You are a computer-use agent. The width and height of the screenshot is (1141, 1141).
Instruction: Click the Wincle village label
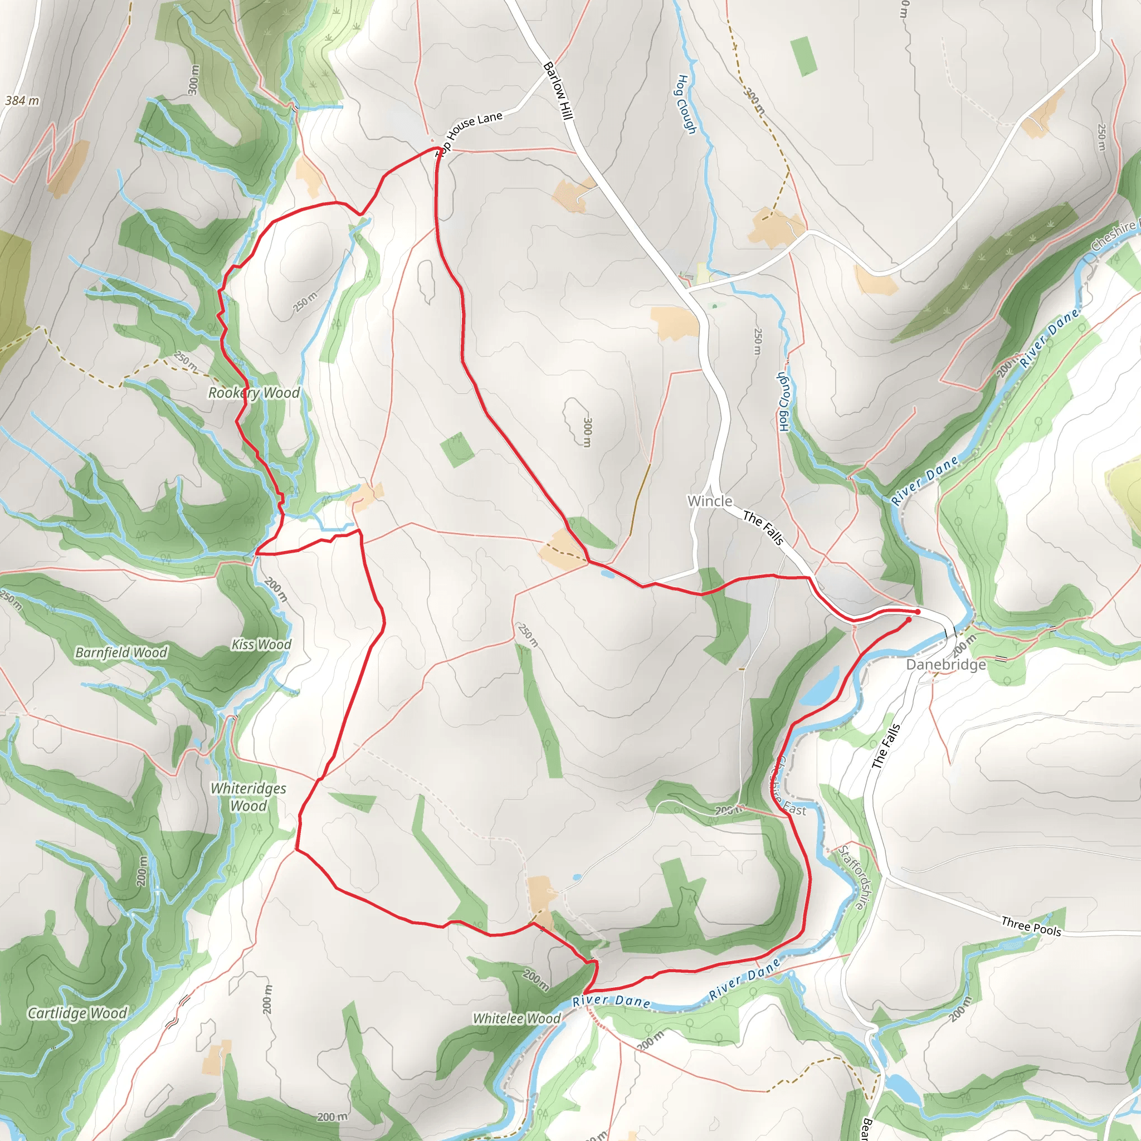(x=709, y=501)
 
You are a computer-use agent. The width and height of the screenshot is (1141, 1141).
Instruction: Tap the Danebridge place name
(x=945, y=665)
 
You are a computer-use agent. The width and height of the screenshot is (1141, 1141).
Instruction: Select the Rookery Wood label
(x=254, y=393)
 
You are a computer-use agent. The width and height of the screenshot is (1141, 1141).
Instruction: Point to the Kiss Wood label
(x=261, y=645)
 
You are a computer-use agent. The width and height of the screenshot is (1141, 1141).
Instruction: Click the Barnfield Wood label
(x=121, y=652)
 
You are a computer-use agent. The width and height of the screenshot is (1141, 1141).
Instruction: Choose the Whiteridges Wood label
(x=248, y=797)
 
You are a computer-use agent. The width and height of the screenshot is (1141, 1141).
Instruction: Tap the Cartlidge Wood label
(x=77, y=1013)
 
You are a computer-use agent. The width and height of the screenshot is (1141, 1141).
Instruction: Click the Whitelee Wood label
(x=517, y=1018)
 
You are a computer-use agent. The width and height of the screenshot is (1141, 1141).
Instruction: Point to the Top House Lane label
(x=470, y=131)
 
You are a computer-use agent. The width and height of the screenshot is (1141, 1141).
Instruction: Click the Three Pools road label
(x=1031, y=926)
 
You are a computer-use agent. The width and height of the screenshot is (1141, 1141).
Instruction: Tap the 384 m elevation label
(x=22, y=100)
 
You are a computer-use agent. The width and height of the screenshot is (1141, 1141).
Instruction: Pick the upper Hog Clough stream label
(x=686, y=104)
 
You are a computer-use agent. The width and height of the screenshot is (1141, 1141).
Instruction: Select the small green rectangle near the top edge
(x=803, y=56)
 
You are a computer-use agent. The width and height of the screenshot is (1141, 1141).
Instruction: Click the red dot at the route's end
(x=917, y=612)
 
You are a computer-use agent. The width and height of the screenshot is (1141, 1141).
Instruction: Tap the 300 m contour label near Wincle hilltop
(x=587, y=432)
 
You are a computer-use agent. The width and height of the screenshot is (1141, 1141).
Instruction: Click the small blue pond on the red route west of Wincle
(x=607, y=573)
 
